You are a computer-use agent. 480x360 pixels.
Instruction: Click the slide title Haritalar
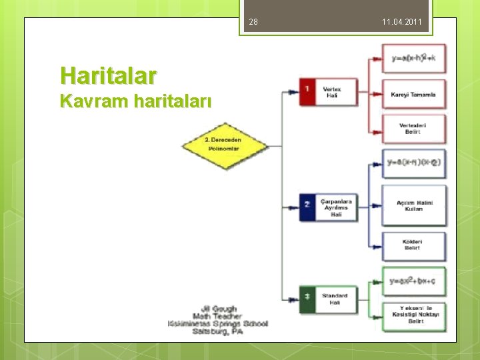tap(108, 75)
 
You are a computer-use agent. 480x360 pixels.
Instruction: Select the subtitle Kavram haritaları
tap(135, 101)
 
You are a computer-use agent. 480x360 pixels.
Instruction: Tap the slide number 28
tap(253, 23)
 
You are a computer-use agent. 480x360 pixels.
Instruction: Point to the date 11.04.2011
tap(401, 23)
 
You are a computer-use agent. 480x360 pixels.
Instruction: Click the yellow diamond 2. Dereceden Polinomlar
tap(224, 145)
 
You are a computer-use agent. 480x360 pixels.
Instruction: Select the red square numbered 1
tap(307, 92)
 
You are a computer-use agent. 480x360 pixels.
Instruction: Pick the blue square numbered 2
tap(307, 206)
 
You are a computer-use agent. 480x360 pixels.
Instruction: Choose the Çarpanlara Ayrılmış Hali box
tap(337, 206)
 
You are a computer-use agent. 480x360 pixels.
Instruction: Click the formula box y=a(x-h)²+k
tap(413, 59)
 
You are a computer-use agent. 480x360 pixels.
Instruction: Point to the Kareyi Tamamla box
tap(413, 95)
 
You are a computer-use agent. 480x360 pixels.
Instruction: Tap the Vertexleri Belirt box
tap(413, 129)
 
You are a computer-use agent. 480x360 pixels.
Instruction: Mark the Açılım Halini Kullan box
tap(413, 205)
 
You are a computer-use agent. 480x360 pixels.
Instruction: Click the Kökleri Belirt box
tap(413, 245)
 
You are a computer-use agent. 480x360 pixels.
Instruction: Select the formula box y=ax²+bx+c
tap(413, 282)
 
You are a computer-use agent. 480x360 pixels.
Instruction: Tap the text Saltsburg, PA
tap(217, 331)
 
